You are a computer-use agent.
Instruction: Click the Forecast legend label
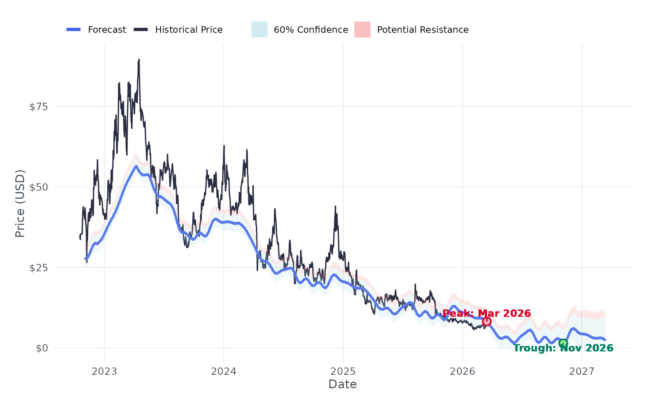107,30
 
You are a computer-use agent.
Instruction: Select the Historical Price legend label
189,30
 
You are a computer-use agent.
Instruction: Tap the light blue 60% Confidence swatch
259,30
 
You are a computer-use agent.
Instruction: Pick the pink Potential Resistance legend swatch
362,30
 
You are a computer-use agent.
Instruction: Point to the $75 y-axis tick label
39,107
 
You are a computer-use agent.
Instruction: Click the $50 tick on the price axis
39,187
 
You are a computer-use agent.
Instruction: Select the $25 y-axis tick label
39,268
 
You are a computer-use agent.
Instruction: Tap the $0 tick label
42,348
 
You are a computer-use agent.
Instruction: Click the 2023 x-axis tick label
104,371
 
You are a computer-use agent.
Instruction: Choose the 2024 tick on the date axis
224,371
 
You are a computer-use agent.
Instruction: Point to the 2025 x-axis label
343,371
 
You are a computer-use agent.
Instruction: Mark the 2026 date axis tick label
462,371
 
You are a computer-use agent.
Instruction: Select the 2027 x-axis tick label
582,371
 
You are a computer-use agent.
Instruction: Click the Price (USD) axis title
20,203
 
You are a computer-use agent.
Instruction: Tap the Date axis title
342,384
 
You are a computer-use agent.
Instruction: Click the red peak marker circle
487,322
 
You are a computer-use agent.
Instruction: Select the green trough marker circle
563,343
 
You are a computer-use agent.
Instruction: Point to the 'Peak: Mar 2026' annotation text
487,314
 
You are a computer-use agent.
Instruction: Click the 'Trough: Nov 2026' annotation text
563,348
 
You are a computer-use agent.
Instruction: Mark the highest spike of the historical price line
139,60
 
